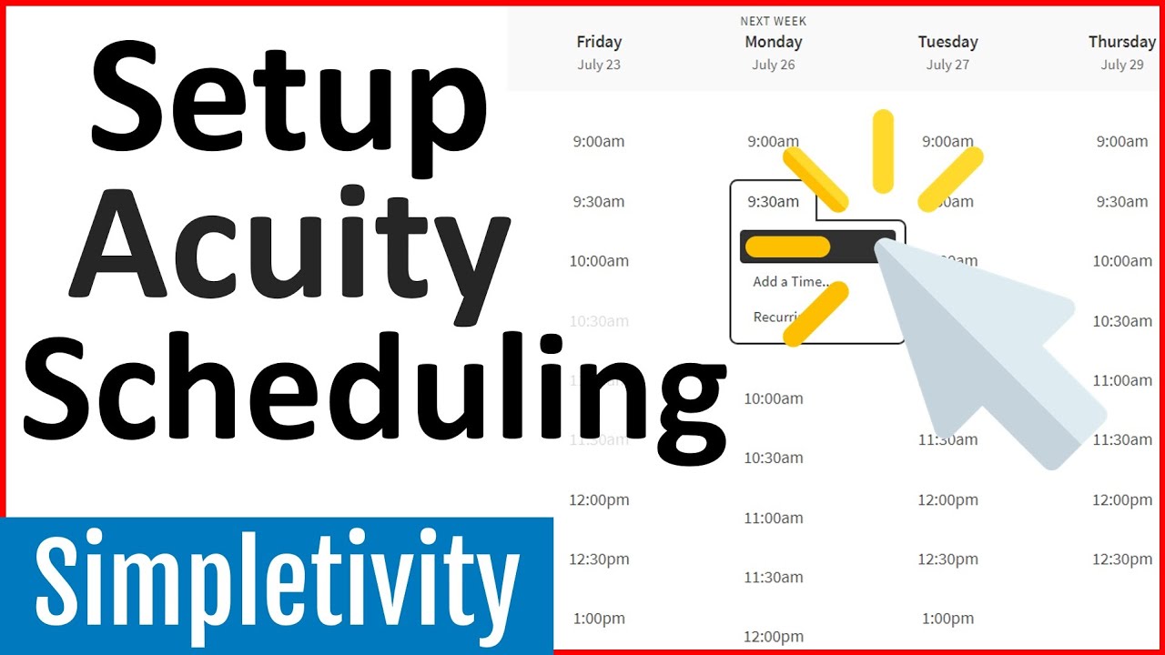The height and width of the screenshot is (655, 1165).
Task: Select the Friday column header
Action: (599, 42)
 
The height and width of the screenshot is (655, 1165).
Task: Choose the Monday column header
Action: (773, 42)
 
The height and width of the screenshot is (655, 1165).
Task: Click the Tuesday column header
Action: (947, 42)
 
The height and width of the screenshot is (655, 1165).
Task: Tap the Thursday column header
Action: (1121, 42)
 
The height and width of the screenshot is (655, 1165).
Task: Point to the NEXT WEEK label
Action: (774, 21)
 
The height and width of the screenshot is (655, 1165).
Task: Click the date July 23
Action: (599, 65)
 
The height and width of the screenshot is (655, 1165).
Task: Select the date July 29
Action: (1122, 65)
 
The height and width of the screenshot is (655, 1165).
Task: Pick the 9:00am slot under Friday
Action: (599, 142)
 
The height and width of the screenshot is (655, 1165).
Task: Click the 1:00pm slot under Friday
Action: (599, 619)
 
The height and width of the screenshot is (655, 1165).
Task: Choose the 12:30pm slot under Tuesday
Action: (947, 559)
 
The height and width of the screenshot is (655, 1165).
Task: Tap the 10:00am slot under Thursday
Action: (1121, 261)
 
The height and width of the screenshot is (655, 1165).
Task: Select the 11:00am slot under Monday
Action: (774, 519)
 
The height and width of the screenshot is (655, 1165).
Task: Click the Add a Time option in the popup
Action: (791, 282)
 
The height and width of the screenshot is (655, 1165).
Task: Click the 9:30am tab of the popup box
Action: (773, 202)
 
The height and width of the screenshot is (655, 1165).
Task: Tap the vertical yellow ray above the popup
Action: (883, 151)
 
